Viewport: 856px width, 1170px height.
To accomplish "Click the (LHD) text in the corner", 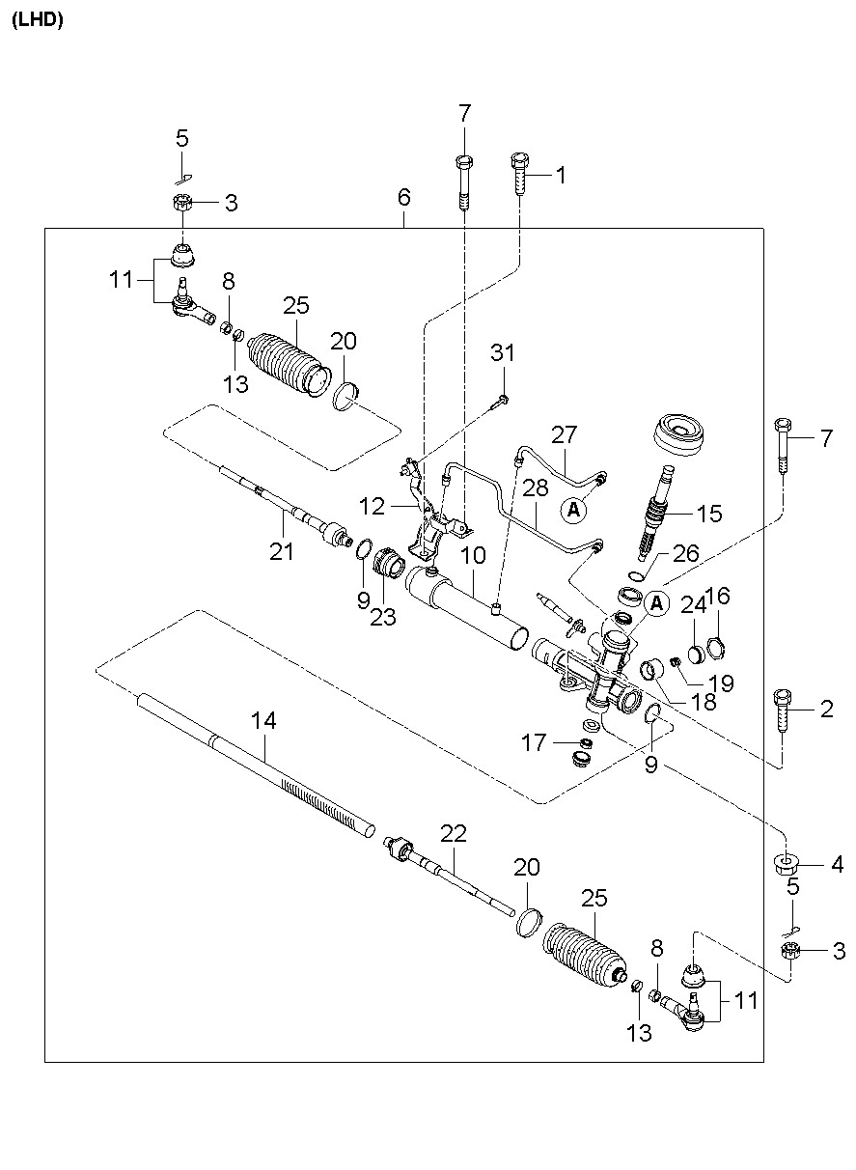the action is pos(37,20).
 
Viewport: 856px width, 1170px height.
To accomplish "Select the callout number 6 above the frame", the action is pos(403,197).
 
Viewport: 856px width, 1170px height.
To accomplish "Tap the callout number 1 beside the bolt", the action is pos(561,175).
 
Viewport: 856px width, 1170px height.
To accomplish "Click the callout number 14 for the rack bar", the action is pos(263,721).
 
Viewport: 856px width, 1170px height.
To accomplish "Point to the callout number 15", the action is pos(709,514).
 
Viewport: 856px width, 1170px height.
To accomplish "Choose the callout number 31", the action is pos(503,352).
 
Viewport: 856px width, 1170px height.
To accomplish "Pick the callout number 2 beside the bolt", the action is pos(827,709).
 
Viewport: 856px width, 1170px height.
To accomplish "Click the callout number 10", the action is pos(473,555).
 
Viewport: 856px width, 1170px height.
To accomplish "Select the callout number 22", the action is pos(453,834).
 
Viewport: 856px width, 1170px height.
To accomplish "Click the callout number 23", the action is pos(383,618).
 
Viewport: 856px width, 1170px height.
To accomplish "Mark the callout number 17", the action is pos(534,742).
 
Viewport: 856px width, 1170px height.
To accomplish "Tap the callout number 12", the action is pos(372,506).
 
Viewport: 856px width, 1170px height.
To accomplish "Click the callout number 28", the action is pos(536,487).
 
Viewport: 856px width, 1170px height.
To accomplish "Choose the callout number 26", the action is pos(686,553).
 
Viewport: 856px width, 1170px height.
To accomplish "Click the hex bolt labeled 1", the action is pos(520,174).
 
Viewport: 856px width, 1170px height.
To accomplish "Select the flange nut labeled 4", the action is pos(785,864).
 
